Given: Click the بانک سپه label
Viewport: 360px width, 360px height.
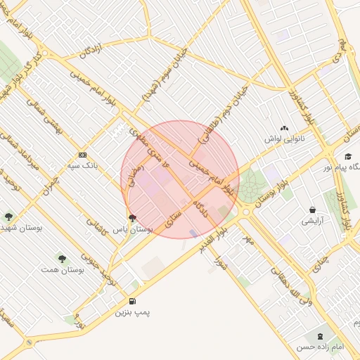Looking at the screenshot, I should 82,166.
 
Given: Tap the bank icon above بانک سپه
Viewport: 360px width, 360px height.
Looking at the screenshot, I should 82,155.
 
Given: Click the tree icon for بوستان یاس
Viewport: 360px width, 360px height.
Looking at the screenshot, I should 132,218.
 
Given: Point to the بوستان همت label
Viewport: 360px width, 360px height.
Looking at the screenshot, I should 58,269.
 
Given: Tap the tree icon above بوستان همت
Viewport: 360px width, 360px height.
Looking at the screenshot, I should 62,258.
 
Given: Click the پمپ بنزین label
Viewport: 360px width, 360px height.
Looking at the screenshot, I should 133,311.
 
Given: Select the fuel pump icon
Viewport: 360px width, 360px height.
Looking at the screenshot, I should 133,301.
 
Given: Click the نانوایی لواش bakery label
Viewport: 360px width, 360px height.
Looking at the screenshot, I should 283,140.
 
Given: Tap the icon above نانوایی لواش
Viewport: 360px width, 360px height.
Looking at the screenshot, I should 284,129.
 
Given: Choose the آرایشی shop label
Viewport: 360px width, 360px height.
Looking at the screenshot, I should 311,221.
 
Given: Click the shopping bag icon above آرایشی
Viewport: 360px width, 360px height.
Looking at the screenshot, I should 312,210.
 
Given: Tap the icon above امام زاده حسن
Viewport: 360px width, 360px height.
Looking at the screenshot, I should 323,336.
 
